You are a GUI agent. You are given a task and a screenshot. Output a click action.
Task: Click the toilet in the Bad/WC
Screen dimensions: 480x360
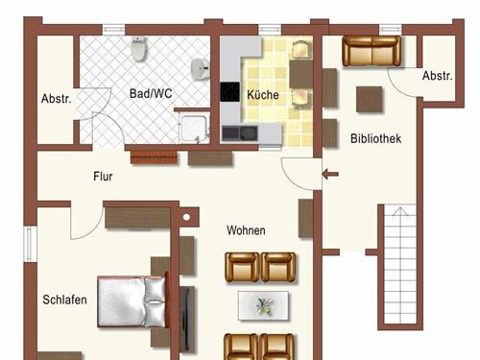(x=139, y=49)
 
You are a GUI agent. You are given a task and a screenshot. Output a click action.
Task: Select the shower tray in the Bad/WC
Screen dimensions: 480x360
(x=195, y=129)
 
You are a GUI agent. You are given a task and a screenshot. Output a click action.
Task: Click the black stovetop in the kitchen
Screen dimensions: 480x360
(x=229, y=92)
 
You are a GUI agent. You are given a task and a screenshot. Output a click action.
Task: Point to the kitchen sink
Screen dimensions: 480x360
(x=240, y=133)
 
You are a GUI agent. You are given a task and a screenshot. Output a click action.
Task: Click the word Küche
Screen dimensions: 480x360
(x=263, y=95)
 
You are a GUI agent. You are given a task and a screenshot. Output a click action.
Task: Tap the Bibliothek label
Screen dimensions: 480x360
(x=375, y=138)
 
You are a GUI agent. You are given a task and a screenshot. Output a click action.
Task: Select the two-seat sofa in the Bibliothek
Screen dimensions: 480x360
(x=372, y=51)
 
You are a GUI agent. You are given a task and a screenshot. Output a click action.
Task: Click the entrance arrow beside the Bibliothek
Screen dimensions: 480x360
(x=330, y=175)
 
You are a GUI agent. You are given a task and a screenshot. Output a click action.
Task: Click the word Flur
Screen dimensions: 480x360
(x=103, y=177)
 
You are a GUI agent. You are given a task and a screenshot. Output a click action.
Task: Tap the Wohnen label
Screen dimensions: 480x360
(x=246, y=230)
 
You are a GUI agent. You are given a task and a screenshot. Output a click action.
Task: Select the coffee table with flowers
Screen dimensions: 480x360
(x=263, y=305)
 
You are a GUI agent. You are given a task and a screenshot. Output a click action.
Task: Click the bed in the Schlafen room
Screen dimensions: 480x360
(x=132, y=301)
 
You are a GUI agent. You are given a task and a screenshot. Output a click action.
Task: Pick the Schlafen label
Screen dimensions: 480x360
(x=64, y=300)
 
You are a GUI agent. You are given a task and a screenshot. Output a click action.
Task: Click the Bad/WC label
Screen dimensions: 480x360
(x=151, y=93)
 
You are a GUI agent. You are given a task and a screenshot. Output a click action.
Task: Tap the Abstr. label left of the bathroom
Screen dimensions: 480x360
(x=57, y=99)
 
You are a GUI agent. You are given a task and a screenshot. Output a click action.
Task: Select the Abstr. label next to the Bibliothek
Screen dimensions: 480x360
(x=438, y=76)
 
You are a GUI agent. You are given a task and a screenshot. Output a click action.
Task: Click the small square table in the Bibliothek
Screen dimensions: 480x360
(x=370, y=99)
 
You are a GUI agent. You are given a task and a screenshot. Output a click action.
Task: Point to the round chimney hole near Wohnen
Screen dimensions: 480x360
(x=186, y=217)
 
